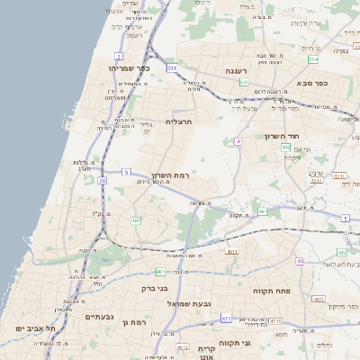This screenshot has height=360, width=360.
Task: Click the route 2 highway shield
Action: (118, 56)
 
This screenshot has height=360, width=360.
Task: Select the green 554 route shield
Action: (313, 59)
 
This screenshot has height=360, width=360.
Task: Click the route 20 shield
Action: (102, 181)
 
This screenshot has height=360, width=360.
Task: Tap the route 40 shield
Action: (300, 261)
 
